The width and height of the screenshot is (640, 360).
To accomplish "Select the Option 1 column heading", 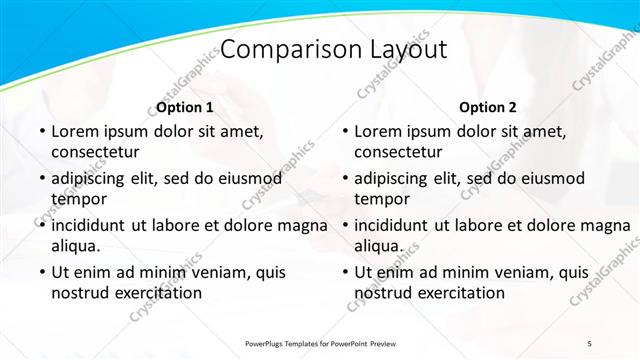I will tap(185, 107).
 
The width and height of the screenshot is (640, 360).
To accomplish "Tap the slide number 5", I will tap(589, 343).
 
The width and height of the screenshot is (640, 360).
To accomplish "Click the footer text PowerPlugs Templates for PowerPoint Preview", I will tap(320, 343).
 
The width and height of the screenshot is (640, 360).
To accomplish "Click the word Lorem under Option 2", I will tap(377, 131).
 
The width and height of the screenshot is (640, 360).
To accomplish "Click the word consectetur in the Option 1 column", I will tap(95, 152).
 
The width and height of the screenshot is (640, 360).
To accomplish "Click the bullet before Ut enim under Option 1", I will tap(41, 272).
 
